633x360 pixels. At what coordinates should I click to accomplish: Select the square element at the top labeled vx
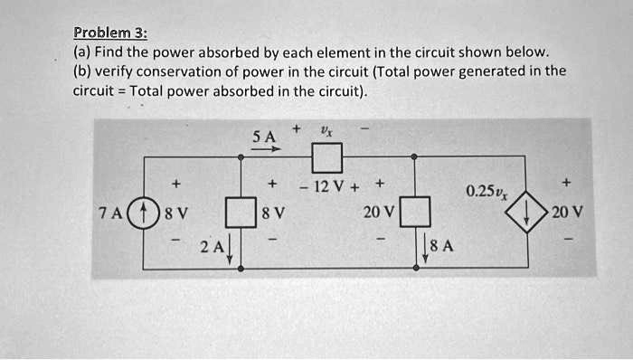click(x=326, y=159)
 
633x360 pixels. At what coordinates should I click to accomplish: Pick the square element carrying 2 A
click(x=241, y=214)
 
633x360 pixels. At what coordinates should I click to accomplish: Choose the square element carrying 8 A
click(x=414, y=214)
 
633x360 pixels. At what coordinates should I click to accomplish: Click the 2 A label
click(x=210, y=246)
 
